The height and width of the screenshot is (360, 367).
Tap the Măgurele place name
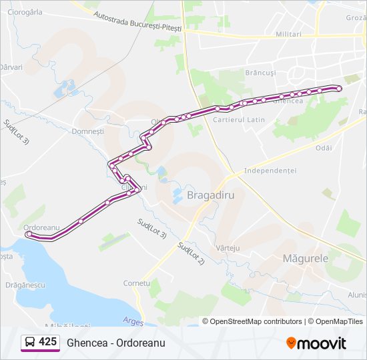(305, 257)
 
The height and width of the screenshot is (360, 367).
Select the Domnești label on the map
(88, 131)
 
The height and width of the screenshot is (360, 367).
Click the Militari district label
(288, 34)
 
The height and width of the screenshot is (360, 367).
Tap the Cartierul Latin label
(239, 120)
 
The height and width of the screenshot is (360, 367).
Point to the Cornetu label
(136, 283)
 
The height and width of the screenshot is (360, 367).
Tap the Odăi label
(324, 148)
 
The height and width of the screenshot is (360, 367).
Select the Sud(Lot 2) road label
(191, 253)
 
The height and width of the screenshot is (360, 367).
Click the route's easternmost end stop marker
(339, 88)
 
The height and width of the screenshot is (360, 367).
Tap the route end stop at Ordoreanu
(29, 234)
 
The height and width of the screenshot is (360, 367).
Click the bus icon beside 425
(30, 342)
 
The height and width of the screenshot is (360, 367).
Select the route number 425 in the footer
(47, 342)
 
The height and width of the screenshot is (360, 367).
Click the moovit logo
(316, 343)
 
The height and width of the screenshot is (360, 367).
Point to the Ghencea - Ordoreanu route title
(115, 343)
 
